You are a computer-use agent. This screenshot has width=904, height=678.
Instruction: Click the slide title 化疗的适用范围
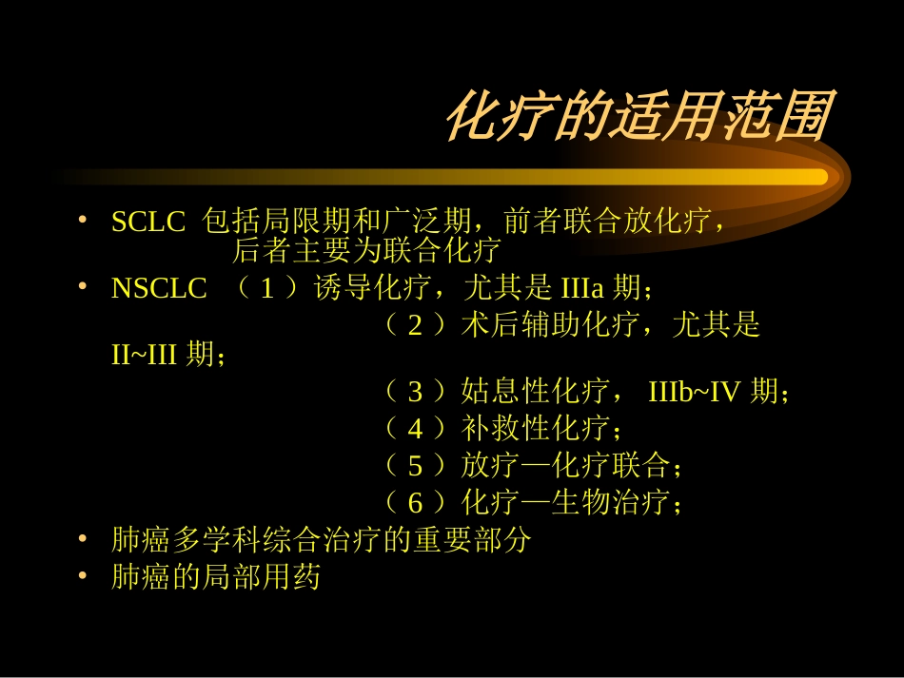[x=637, y=119]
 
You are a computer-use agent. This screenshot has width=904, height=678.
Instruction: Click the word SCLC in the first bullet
[x=147, y=223]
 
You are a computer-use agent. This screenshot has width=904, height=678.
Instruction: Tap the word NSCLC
[x=159, y=289]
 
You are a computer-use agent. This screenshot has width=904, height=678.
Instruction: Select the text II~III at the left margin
[x=146, y=356]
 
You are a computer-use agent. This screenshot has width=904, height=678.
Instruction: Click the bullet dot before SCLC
[x=84, y=222]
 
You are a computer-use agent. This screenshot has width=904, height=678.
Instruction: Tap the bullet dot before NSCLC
[x=84, y=287]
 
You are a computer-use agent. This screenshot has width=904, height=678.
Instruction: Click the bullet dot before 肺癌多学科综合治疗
[x=84, y=539]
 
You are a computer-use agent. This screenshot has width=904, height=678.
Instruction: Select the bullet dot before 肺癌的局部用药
[x=84, y=576]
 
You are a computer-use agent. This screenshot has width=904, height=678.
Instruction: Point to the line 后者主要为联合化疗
[x=366, y=252]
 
